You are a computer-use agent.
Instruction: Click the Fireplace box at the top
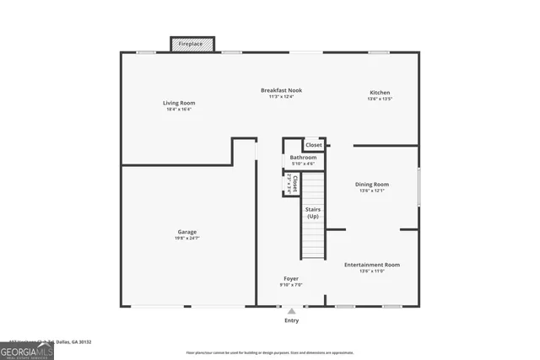[194, 44]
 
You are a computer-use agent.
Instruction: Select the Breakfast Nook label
[281, 90]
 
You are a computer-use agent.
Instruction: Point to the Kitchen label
[380, 93]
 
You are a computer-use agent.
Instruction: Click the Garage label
[187, 232]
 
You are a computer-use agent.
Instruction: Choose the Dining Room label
[371, 184]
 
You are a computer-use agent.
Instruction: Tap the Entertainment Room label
[371, 265]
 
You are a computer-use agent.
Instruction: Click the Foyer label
[290, 278]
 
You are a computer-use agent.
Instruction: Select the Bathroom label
[303, 158]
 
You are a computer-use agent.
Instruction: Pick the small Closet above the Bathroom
[314, 145]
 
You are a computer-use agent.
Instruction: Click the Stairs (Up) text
[313, 213]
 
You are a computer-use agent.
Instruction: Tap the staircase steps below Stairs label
[313, 240]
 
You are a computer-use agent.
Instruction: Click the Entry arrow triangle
[292, 311]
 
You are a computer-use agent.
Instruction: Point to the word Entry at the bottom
[292, 320]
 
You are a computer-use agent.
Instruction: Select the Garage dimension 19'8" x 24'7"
[187, 239]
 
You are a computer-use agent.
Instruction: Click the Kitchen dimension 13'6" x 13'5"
[380, 99]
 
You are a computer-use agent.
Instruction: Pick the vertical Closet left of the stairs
[291, 184]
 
